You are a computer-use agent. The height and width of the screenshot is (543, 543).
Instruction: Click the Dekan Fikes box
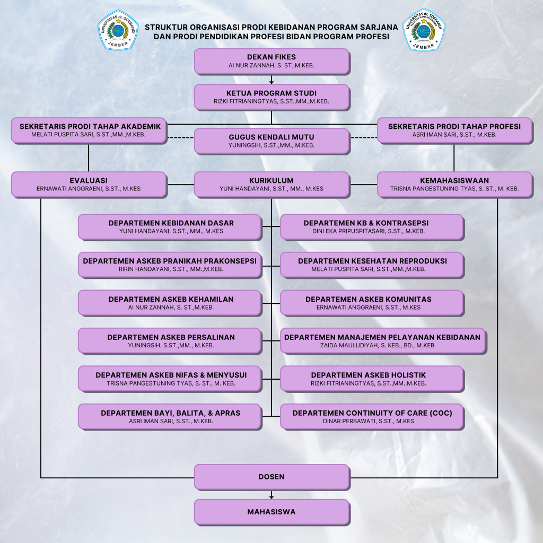[x=271, y=61]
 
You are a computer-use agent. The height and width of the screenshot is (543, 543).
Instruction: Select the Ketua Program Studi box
[x=271, y=97]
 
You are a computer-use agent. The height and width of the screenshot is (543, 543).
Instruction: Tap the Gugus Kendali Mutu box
[x=271, y=141]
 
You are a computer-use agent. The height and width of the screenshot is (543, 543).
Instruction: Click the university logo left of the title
[x=117, y=30]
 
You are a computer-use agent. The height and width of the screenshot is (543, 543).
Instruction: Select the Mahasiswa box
[x=271, y=512]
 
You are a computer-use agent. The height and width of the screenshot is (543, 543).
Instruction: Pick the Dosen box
[x=271, y=477]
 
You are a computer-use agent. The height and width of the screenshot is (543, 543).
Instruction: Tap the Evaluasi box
[x=89, y=184]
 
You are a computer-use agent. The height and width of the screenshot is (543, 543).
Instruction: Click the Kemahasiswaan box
[x=454, y=184]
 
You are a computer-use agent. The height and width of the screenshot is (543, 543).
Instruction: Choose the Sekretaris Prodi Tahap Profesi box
[x=454, y=130]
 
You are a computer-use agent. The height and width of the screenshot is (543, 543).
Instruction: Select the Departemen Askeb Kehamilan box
[x=171, y=303]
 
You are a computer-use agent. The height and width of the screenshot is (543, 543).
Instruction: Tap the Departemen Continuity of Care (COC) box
[x=372, y=417]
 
